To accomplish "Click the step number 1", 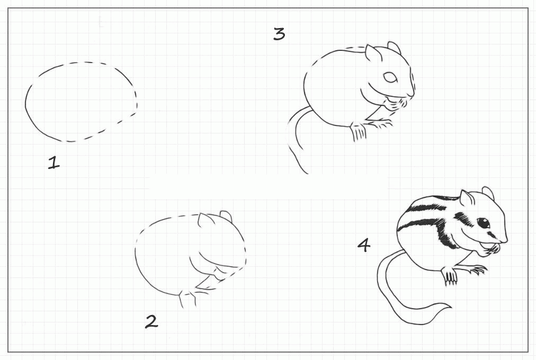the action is [53, 162].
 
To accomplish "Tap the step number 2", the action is [151, 322].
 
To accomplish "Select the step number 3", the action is [279, 34].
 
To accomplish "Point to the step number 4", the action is [364, 245].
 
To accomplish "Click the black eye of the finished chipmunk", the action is [484, 223].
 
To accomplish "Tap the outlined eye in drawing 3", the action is [390, 77].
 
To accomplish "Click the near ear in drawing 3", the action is [372, 53].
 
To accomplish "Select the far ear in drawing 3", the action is [394, 48].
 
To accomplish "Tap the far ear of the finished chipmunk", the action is [488, 194].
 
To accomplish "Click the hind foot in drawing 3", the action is [358, 132].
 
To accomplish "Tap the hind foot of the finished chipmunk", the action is [450, 276].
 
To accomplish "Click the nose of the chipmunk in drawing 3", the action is [411, 93].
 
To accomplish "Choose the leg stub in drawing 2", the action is [187, 299].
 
